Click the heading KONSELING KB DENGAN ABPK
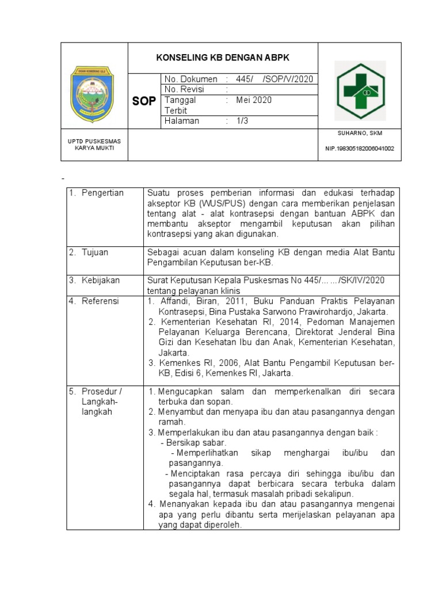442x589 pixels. tap(223, 58)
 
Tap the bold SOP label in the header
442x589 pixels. tap(144, 101)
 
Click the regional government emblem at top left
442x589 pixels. tap(92, 94)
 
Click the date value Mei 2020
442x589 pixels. tap(254, 100)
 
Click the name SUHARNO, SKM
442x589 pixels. tap(360, 133)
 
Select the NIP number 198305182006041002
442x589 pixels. tap(360, 148)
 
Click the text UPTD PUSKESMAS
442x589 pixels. tap(94, 140)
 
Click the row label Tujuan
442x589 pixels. tap(95, 252)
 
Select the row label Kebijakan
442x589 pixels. tap(101, 280)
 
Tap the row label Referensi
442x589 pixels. tap(100, 301)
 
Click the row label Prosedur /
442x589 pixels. tap(102, 391)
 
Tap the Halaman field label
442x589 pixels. tap(182, 121)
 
